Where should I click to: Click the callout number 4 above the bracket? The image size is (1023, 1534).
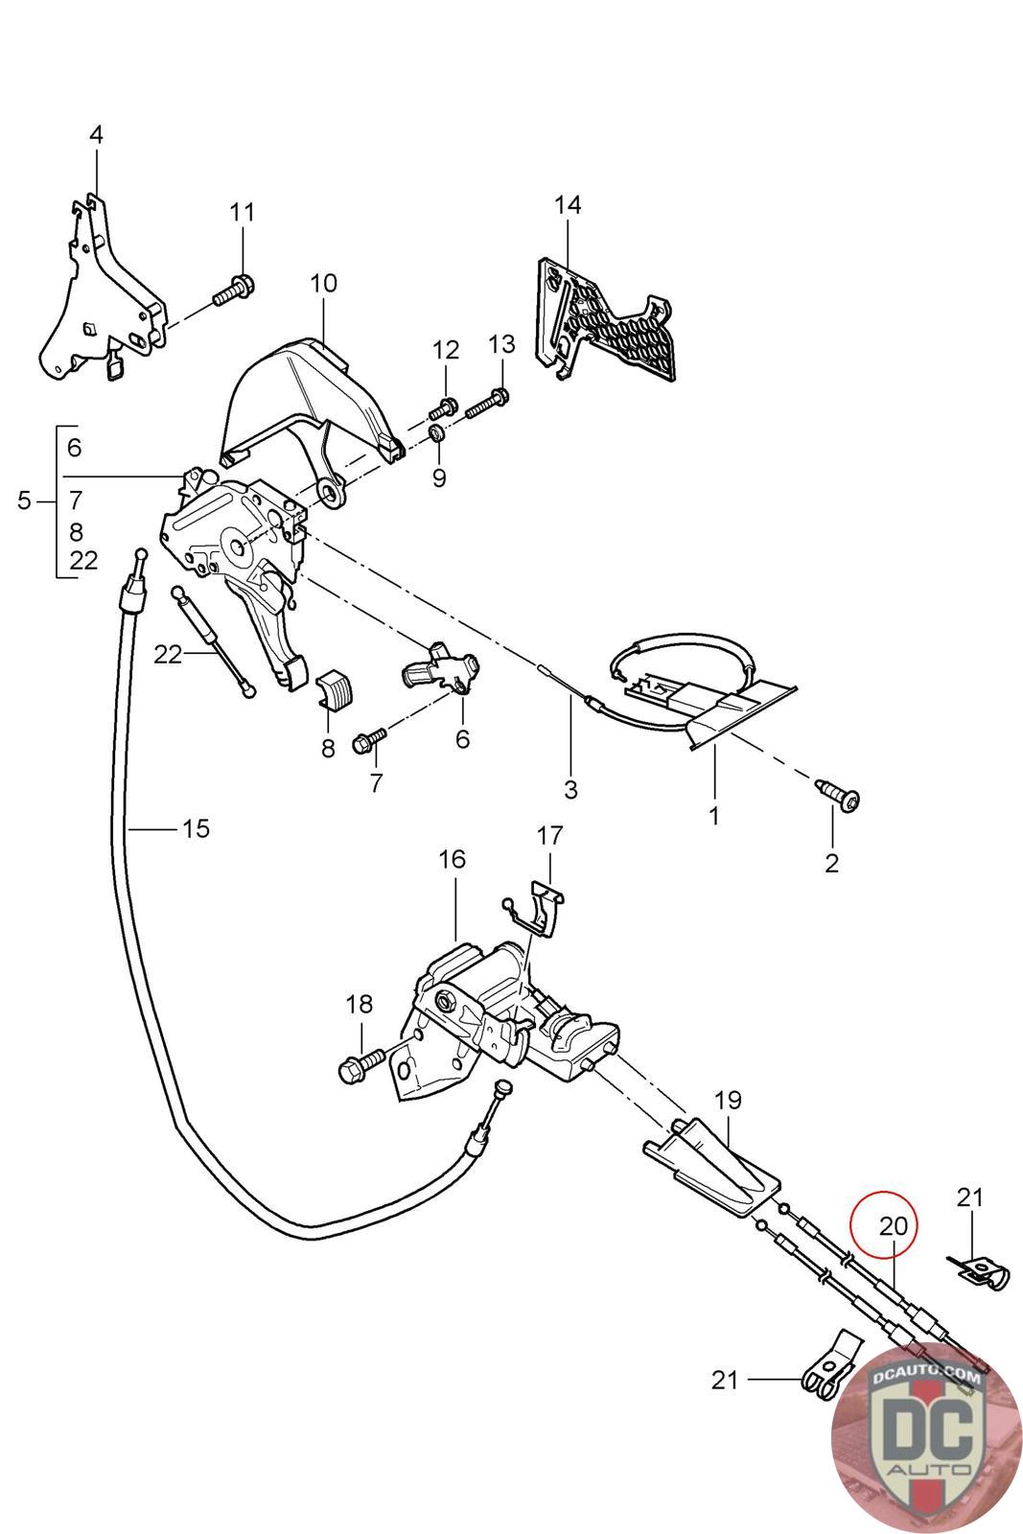tap(96, 135)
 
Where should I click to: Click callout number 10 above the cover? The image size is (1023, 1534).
tap(324, 284)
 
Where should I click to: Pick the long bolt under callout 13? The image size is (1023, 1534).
tap(487, 405)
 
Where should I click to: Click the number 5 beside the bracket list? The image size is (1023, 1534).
tap(25, 500)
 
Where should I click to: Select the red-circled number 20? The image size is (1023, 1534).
tap(893, 1226)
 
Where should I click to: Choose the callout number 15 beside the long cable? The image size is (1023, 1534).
tap(196, 827)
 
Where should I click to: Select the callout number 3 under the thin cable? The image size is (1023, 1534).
tap(570, 789)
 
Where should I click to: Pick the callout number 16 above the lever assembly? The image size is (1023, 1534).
tap(452, 859)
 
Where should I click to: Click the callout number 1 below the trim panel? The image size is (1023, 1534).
tap(713, 816)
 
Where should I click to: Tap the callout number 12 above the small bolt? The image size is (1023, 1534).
tap(446, 350)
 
